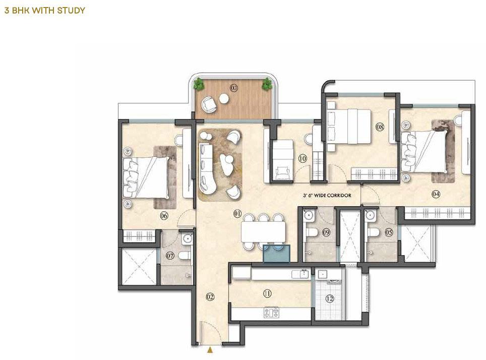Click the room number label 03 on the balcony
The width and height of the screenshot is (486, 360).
[234, 88]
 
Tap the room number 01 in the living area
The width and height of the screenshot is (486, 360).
[237, 213]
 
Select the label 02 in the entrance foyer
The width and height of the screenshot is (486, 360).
[210, 297]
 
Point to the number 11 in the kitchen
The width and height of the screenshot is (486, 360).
[267, 293]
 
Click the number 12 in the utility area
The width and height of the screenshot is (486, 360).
[330, 298]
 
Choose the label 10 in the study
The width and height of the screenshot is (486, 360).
[302, 158]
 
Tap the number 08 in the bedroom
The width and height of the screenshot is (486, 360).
[380, 127]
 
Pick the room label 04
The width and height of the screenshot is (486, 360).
[436, 194]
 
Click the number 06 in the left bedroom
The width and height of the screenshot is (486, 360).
[164, 215]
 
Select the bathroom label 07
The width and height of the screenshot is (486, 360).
[170, 256]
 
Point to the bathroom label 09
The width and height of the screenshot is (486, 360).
[326, 232]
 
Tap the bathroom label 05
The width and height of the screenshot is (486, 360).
[389, 232]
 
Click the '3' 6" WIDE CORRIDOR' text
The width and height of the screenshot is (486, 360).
[327, 195]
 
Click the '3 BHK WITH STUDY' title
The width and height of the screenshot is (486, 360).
[45, 10]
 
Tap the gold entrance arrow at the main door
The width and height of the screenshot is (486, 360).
[210, 350]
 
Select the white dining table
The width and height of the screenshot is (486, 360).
[264, 231]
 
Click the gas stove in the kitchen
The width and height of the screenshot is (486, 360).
[271, 313]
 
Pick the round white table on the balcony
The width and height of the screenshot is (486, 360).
[224, 99]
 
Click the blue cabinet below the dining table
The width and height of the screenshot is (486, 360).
[276, 254]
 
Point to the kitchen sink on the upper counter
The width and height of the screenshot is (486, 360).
[300, 274]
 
